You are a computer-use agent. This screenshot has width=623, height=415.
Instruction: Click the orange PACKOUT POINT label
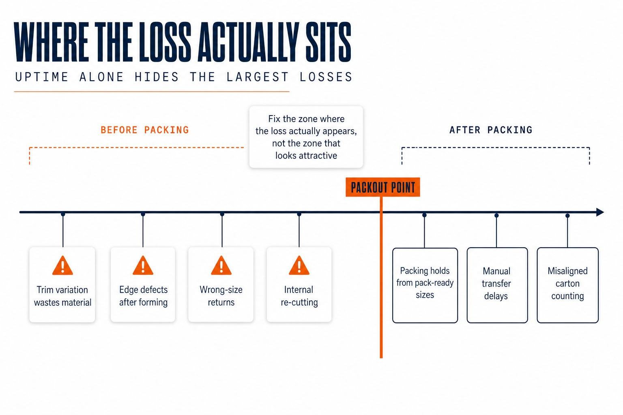coord(383,187)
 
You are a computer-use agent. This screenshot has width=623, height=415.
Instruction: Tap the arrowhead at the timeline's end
coord(600,212)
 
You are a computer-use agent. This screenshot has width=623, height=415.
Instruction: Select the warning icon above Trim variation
coord(62,265)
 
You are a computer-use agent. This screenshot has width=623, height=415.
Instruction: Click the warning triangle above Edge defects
coord(143,265)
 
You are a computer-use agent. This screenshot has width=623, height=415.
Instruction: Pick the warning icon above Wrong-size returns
coord(221,265)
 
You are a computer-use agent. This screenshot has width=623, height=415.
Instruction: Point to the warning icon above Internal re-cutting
coord(299,265)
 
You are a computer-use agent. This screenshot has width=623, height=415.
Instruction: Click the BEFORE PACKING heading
coord(145,130)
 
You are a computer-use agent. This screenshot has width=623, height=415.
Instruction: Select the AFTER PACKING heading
coord(491,130)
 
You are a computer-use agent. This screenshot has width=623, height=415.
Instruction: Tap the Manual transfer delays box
coord(497,285)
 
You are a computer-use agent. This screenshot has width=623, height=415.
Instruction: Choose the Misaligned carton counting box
coord(568,285)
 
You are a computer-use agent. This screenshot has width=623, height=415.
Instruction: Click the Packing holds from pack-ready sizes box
coord(425,285)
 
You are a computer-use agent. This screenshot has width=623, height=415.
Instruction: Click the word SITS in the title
coord(329,42)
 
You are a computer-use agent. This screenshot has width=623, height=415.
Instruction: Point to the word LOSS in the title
coord(165,42)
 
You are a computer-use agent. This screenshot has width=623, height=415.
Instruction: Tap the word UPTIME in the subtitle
coord(42,77)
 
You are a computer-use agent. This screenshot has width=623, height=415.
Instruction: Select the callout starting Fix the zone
coord(306,137)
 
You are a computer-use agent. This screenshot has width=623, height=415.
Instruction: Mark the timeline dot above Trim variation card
coord(63,214)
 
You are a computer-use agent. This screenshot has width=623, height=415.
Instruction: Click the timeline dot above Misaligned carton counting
coord(568,216)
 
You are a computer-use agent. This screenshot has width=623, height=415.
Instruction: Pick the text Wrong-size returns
coord(221,296)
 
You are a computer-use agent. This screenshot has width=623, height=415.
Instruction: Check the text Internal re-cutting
coord(299,296)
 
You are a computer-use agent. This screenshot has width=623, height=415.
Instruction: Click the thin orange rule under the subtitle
coord(152,92)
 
